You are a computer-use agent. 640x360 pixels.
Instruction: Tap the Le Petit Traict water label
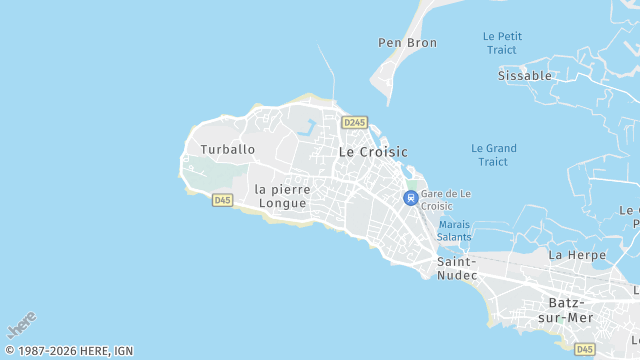pos(502,43)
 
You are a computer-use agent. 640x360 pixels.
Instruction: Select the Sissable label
pos(525,75)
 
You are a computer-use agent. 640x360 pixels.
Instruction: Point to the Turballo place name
pos(227,149)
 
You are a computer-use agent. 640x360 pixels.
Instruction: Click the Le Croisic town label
pos(373,152)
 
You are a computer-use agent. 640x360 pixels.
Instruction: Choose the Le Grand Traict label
pos(493,155)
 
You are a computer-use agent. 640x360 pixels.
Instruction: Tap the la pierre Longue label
pos(282,196)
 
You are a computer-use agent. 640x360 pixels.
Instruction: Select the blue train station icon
pos(410,198)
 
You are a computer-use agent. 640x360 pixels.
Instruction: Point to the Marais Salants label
pos(454,230)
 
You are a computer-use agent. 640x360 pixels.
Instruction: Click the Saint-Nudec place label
pos(456,268)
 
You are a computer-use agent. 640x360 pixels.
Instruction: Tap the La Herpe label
pos(577,255)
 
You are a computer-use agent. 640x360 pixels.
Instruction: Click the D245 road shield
pos(354,122)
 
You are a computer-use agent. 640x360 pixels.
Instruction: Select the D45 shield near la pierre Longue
pos(223,200)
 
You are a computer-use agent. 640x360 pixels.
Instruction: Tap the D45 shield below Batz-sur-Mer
pos(584,348)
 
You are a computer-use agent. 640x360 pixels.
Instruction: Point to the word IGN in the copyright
pos(123,351)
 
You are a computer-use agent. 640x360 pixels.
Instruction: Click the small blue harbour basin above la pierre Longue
pos(307,128)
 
